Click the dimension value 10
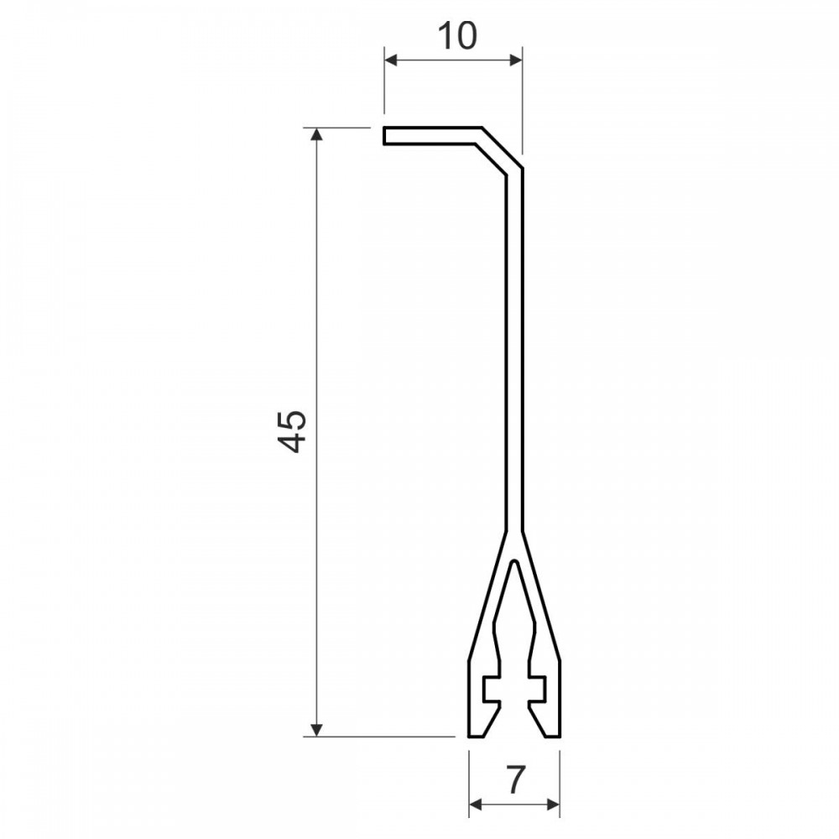(457, 36)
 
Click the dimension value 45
(293, 431)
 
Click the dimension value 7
(515, 779)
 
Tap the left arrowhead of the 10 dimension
(392, 60)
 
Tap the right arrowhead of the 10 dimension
(515, 60)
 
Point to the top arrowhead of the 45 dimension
(317, 135)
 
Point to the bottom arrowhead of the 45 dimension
(317, 729)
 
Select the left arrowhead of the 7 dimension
(476, 805)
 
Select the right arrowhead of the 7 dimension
(553, 805)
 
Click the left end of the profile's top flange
(384, 136)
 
